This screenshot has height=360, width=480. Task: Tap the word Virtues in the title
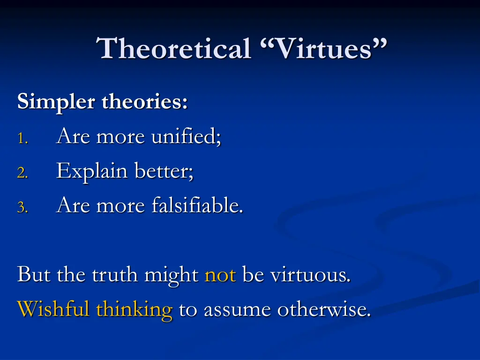click(x=323, y=49)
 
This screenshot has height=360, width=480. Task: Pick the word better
click(x=164, y=171)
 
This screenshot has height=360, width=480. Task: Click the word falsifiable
click(x=197, y=205)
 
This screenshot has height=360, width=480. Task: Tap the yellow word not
click(x=220, y=275)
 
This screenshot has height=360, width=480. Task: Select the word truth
click(x=114, y=275)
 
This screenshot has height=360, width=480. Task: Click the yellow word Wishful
click(x=53, y=309)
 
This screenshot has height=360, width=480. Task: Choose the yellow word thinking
click(x=134, y=310)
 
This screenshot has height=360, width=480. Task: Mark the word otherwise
click(x=324, y=309)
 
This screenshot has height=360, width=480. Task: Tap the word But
click(x=34, y=275)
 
